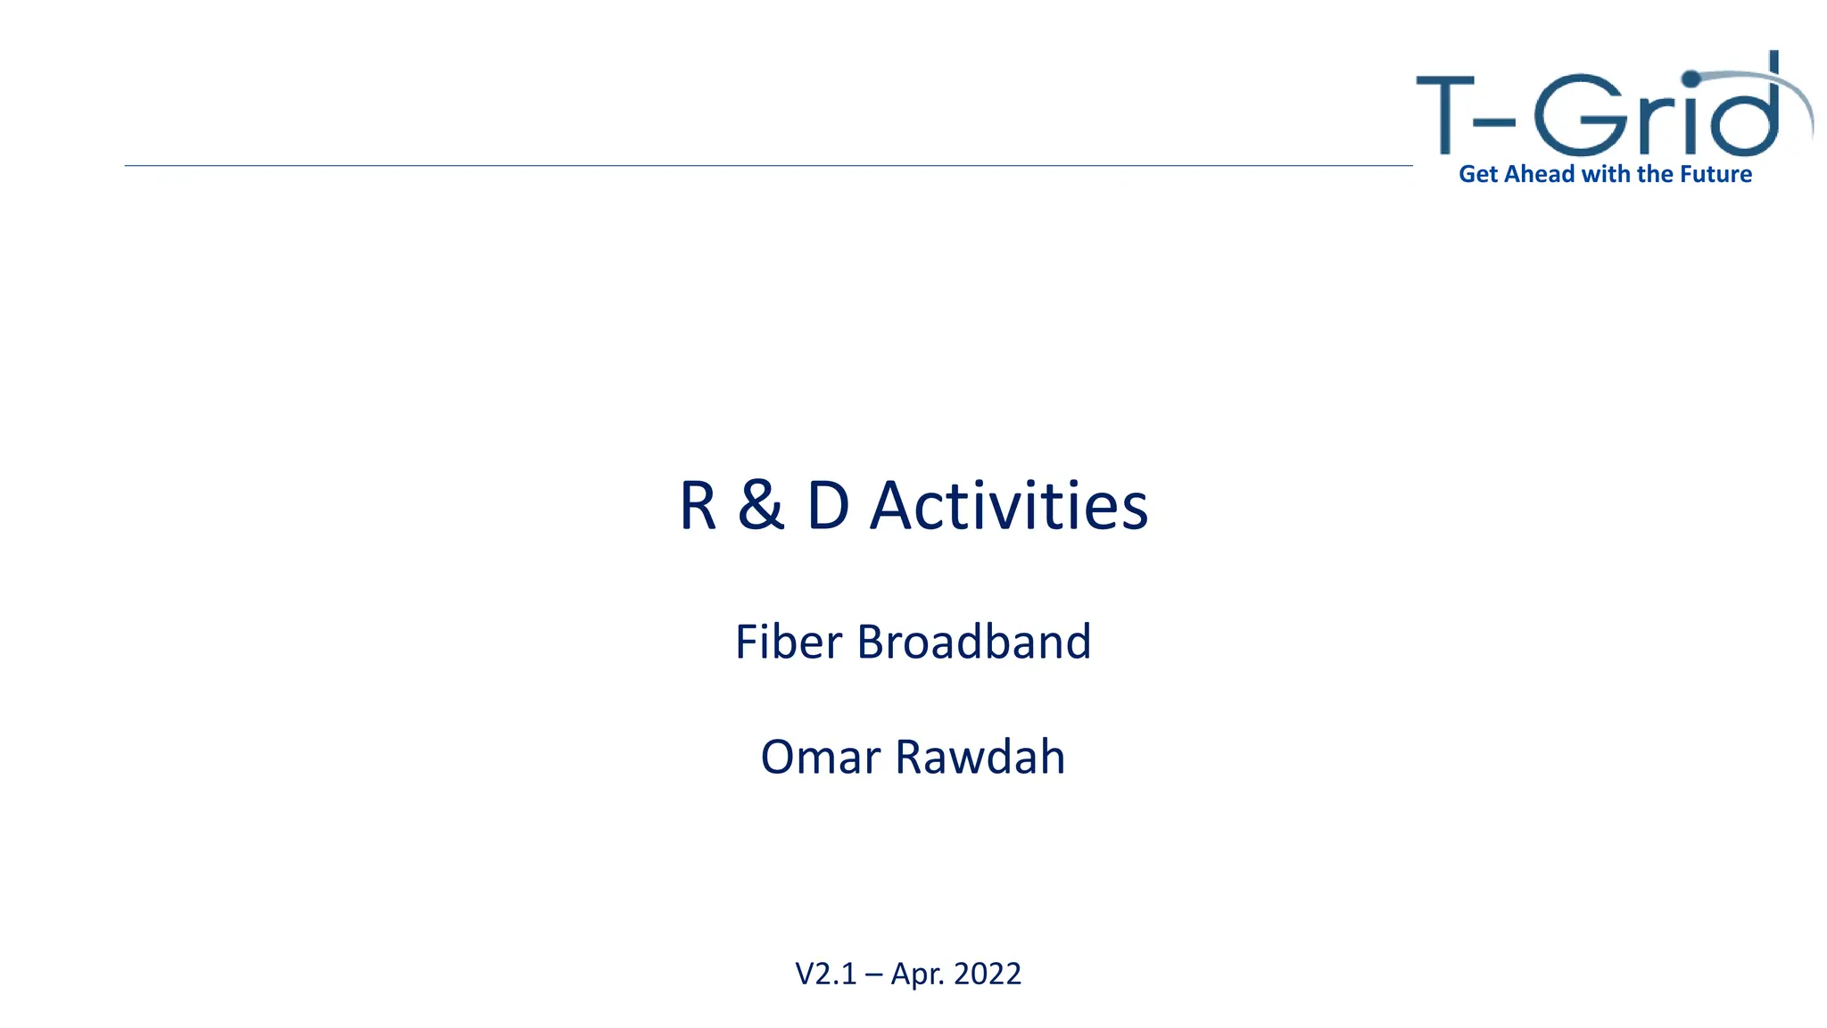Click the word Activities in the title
point(1008,506)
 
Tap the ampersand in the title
point(761,506)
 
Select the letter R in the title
point(698,506)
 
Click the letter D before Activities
point(828,506)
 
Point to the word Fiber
point(788,642)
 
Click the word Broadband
point(974,642)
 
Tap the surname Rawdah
point(980,757)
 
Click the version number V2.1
point(825,974)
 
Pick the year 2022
point(988,974)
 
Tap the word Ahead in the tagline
point(1540,174)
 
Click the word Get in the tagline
point(1478,174)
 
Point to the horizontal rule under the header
point(767,165)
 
